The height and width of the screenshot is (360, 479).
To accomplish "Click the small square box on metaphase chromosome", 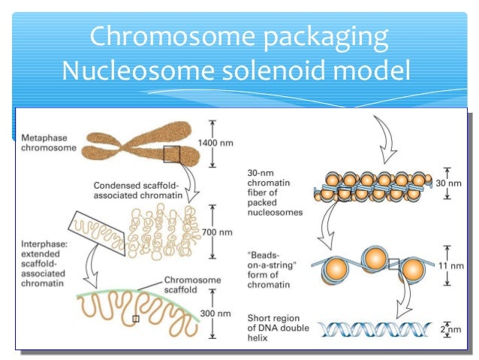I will (172, 154).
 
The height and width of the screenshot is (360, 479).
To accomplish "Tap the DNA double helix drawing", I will (372, 329).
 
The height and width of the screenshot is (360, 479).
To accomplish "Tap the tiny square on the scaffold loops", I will (135, 319).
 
